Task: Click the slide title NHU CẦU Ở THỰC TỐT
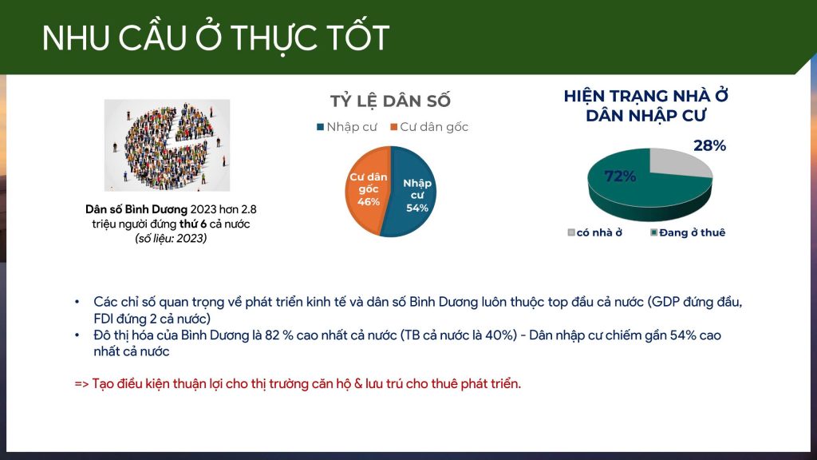tap(215, 38)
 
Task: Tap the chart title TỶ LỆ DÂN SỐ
tap(390, 101)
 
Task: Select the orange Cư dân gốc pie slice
tap(365, 190)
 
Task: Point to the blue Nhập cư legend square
tap(321, 127)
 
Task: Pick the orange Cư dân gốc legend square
tap(394, 127)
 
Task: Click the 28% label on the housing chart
tap(709, 145)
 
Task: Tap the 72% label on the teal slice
tap(620, 176)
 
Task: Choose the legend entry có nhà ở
tap(595, 232)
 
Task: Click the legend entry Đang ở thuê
tap(688, 232)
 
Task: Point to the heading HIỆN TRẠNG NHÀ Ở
tap(645, 96)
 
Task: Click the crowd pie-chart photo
tap(167, 145)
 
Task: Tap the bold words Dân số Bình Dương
tap(136, 209)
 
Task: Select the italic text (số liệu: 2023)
tap(171, 238)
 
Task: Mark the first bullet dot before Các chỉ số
tap(77, 302)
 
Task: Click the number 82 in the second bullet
tap(272, 335)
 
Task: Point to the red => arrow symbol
tap(82, 384)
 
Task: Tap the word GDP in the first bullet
tap(666, 302)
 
